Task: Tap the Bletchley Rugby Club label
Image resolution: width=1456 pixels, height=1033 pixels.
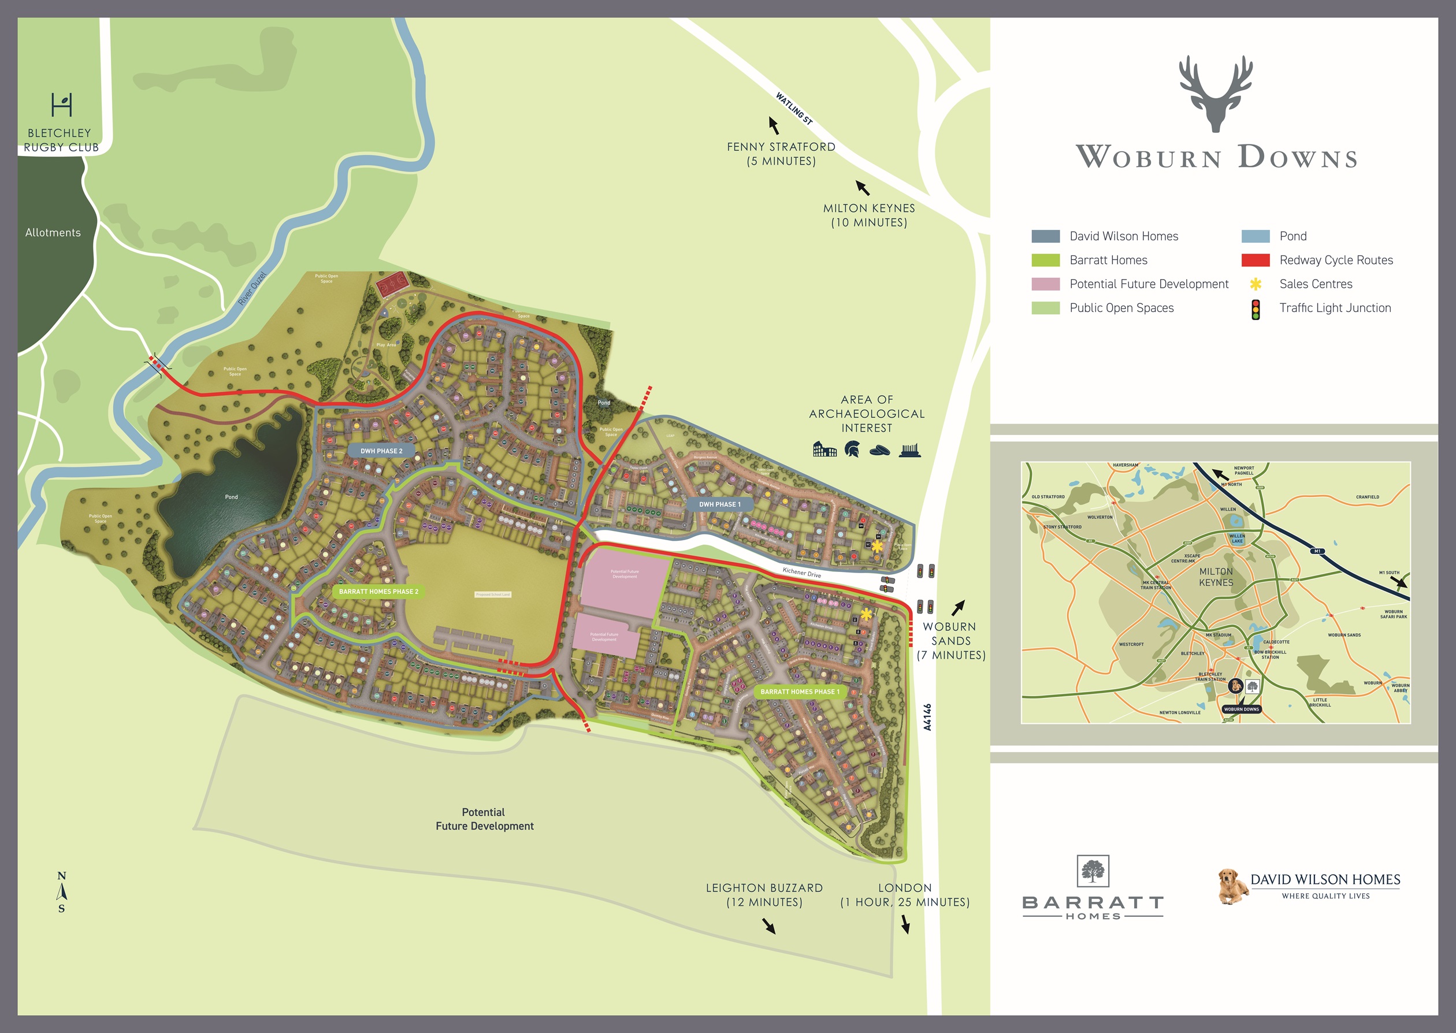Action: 61,140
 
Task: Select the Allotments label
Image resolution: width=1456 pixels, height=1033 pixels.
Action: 53,233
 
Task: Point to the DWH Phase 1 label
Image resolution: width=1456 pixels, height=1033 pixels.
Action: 719,504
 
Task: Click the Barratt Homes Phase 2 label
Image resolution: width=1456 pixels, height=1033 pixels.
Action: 378,592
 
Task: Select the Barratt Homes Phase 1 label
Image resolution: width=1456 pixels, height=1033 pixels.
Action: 800,692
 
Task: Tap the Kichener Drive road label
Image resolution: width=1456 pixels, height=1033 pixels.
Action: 801,573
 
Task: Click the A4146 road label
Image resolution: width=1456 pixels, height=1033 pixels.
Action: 927,717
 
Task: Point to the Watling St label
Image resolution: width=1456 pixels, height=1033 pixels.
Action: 794,109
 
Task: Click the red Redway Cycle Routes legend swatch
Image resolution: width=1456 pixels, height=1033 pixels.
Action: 1255,260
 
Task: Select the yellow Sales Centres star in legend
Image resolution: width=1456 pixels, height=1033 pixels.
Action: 1255,284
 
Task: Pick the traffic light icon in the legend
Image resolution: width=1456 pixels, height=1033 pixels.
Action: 1255,310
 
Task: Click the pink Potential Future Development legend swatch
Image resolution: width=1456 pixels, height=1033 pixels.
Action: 1045,284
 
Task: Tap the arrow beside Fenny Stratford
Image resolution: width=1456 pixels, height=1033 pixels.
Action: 774,125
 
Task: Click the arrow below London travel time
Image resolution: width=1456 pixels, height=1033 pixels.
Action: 905,924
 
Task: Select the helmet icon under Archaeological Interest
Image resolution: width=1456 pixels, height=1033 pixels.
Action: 852,450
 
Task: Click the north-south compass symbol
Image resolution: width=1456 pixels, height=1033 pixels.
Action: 62,892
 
